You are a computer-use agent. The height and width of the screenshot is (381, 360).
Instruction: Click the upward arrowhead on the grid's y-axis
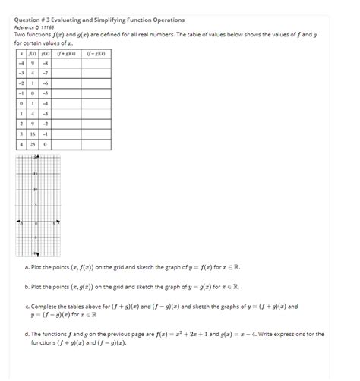[x=34, y=156]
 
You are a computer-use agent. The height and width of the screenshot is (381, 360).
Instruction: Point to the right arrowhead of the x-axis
[x=58, y=222]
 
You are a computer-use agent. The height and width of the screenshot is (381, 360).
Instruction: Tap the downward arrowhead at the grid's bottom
[x=34, y=253]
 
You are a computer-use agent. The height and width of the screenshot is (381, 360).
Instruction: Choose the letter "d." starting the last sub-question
[x=27, y=333]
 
